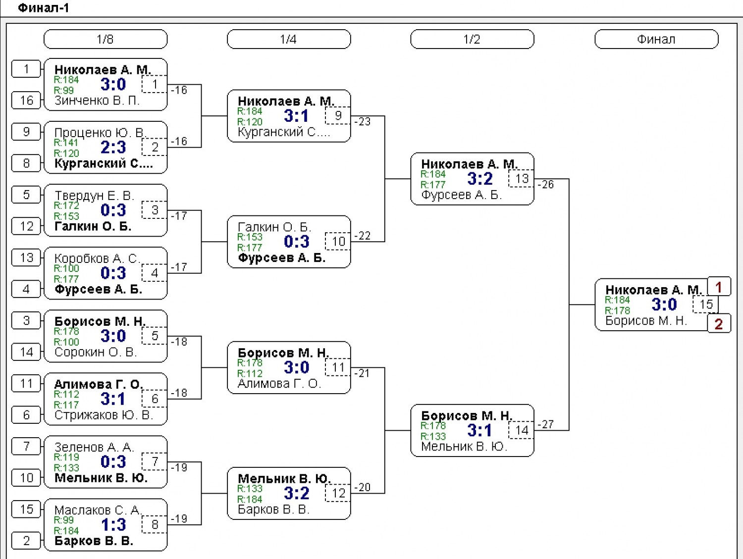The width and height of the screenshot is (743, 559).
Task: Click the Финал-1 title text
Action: (43, 8)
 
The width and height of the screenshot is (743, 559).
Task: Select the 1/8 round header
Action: (106, 39)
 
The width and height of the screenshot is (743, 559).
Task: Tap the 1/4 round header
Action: (289, 39)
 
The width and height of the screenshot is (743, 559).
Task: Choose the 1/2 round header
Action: (472, 39)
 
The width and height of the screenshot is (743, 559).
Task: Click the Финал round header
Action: (656, 39)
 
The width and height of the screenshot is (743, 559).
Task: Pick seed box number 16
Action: (26, 101)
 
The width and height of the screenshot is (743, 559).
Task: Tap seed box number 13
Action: (26, 258)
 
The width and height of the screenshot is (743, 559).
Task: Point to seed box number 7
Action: (26, 447)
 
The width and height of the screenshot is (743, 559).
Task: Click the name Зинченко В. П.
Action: (97, 101)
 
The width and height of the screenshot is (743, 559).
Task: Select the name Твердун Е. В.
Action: (95, 195)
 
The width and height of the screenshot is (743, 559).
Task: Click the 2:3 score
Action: (113, 147)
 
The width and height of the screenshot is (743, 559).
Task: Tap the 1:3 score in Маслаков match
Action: (113, 524)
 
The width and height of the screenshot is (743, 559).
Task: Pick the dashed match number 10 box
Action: (337, 241)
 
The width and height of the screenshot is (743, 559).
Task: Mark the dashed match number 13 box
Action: (521, 178)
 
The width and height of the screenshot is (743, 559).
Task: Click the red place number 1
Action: (719, 287)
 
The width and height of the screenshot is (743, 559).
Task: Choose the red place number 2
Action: (719, 324)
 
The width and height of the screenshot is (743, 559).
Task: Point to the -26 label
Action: (546, 184)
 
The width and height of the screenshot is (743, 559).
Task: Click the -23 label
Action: (362, 121)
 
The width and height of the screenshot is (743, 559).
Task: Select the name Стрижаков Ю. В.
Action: (104, 415)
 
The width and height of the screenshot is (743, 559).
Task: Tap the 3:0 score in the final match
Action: (664, 304)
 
